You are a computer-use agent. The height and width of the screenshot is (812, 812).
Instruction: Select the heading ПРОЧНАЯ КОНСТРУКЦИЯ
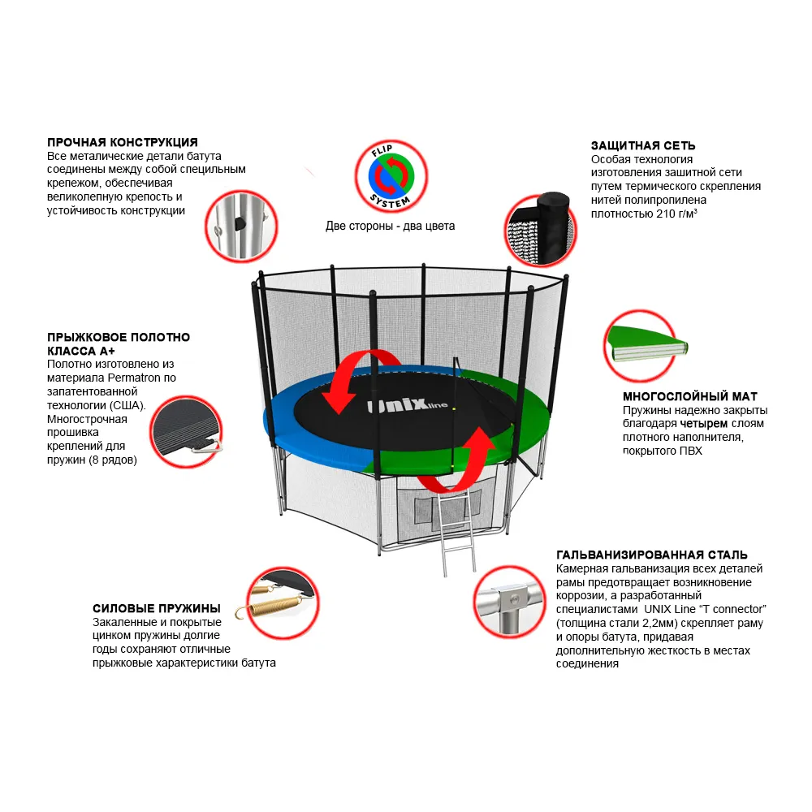click(123, 142)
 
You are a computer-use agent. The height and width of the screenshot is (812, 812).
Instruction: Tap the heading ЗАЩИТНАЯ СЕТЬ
click(643, 145)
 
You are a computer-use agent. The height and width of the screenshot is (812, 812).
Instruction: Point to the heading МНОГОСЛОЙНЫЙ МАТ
click(690, 396)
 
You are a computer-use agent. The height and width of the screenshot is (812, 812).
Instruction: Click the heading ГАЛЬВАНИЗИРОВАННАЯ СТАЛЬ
click(652, 555)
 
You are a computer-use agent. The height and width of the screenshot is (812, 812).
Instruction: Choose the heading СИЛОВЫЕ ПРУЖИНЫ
click(157, 608)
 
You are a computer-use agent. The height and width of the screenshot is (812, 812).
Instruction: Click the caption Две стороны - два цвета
click(391, 226)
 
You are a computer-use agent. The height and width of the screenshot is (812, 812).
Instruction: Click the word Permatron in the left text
click(130, 378)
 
